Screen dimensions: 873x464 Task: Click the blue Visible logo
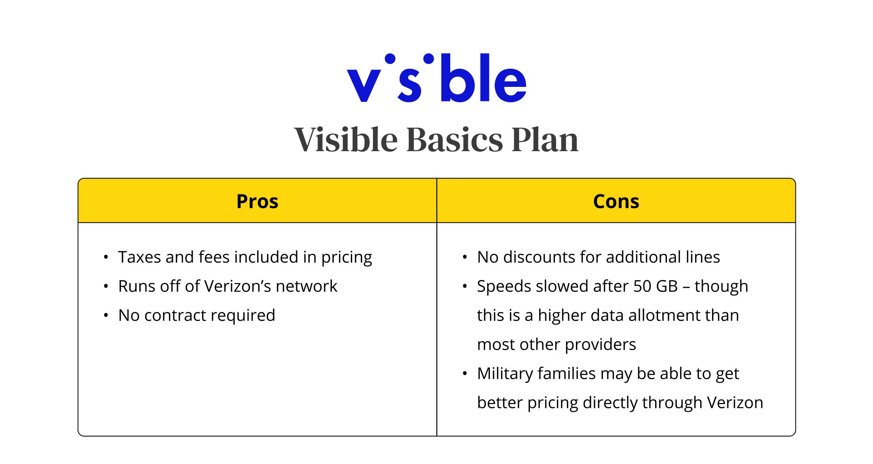[436, 78]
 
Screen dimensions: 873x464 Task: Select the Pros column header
[257, 201]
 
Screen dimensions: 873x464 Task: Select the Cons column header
[616, 201]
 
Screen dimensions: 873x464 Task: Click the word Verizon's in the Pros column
[237, 286]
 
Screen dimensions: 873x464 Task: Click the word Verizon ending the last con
[735, 403]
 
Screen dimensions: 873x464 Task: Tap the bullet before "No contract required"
[106, 315]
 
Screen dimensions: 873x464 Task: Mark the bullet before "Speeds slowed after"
[465, 286]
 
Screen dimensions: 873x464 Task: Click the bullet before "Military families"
[465, 373]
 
